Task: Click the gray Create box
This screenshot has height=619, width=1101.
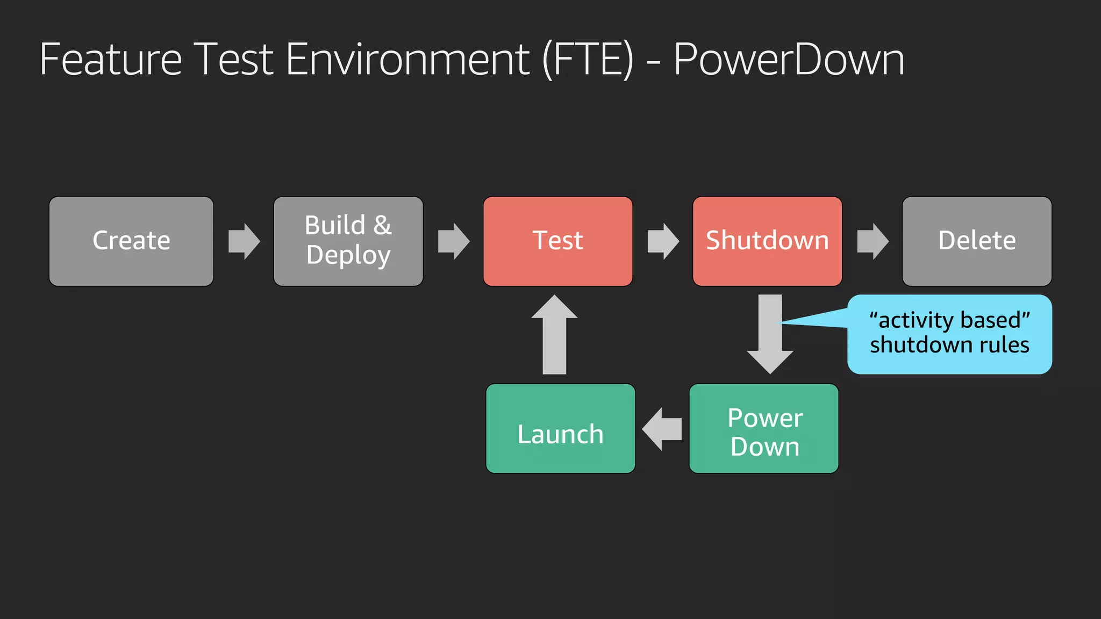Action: coord(131,241)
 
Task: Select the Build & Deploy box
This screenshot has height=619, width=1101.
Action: coord(348,241)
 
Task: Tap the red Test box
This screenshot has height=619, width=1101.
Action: coord(557,241)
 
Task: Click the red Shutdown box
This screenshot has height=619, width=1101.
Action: coord(767,241)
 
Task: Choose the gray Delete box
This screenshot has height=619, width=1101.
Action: coord(977,241)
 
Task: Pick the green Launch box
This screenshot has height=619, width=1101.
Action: coord(560,428)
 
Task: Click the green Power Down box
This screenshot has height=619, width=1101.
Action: coord(764,428)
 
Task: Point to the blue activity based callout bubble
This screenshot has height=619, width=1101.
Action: coord(949,334)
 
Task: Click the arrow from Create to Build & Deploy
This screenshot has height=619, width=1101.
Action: coord(244,241)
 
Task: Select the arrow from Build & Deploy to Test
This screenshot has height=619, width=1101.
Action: coord(454,241)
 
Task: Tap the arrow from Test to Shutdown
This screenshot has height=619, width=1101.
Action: coord(663,241)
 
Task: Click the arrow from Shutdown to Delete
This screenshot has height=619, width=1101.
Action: coord(873,241)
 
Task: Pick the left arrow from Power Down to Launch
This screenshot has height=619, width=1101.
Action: coord(662,429)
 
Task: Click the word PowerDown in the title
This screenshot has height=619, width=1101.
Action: coord(789,59)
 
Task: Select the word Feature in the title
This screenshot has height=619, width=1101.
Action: coord(111,59)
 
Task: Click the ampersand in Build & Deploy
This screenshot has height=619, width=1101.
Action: coord(383,225)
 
